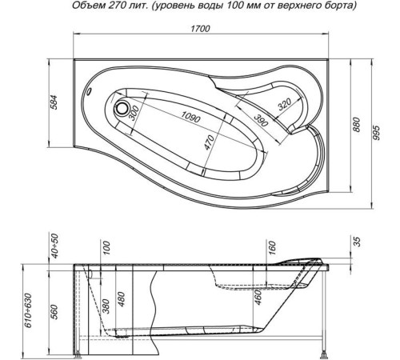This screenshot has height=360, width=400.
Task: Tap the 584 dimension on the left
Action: click(x=55, y=104)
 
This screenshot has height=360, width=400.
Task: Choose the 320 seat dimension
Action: click(x=281, y=105)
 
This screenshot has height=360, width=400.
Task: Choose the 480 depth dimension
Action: click(x=122, y=298)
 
